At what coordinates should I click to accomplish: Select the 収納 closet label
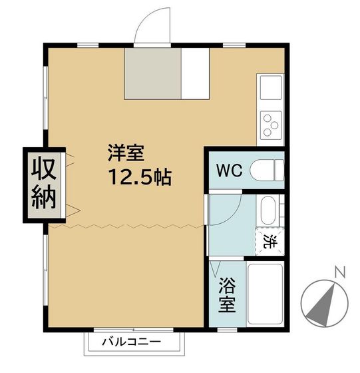coord(45,183)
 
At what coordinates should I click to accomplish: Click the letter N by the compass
coord(340,271)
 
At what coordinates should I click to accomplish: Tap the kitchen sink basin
coord(270,87)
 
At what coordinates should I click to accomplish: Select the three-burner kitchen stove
coord(270,123)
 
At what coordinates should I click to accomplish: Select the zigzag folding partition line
coord(126,226)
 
